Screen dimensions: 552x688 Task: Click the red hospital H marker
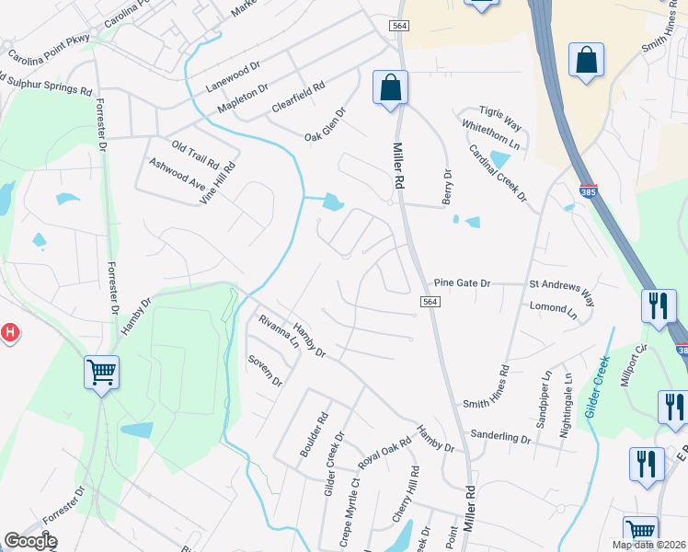[8, 332]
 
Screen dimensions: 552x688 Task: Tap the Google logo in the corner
[30, 541]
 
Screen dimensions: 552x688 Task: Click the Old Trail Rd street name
[195, 154]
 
